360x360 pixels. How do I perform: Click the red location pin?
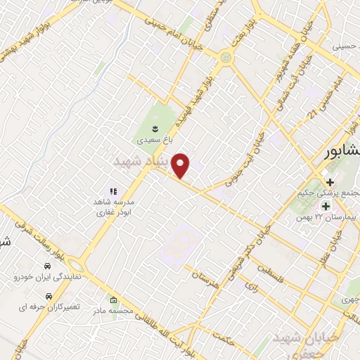coord(181,166)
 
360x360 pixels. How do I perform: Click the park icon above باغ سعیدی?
coord(155,128)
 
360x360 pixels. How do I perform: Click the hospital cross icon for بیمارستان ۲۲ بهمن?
coord(326,206)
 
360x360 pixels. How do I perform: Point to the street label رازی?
coord(249,286)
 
